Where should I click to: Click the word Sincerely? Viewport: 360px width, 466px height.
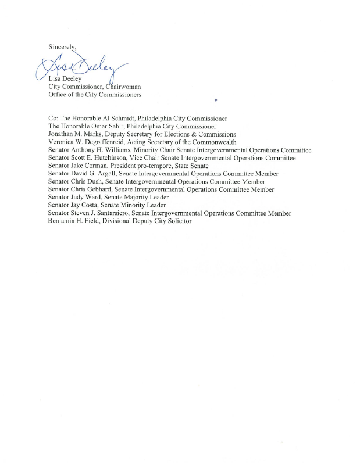[x=63, y=46]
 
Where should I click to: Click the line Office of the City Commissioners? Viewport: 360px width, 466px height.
[x=95, y=95]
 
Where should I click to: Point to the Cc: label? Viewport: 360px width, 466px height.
[x=54, y=118]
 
